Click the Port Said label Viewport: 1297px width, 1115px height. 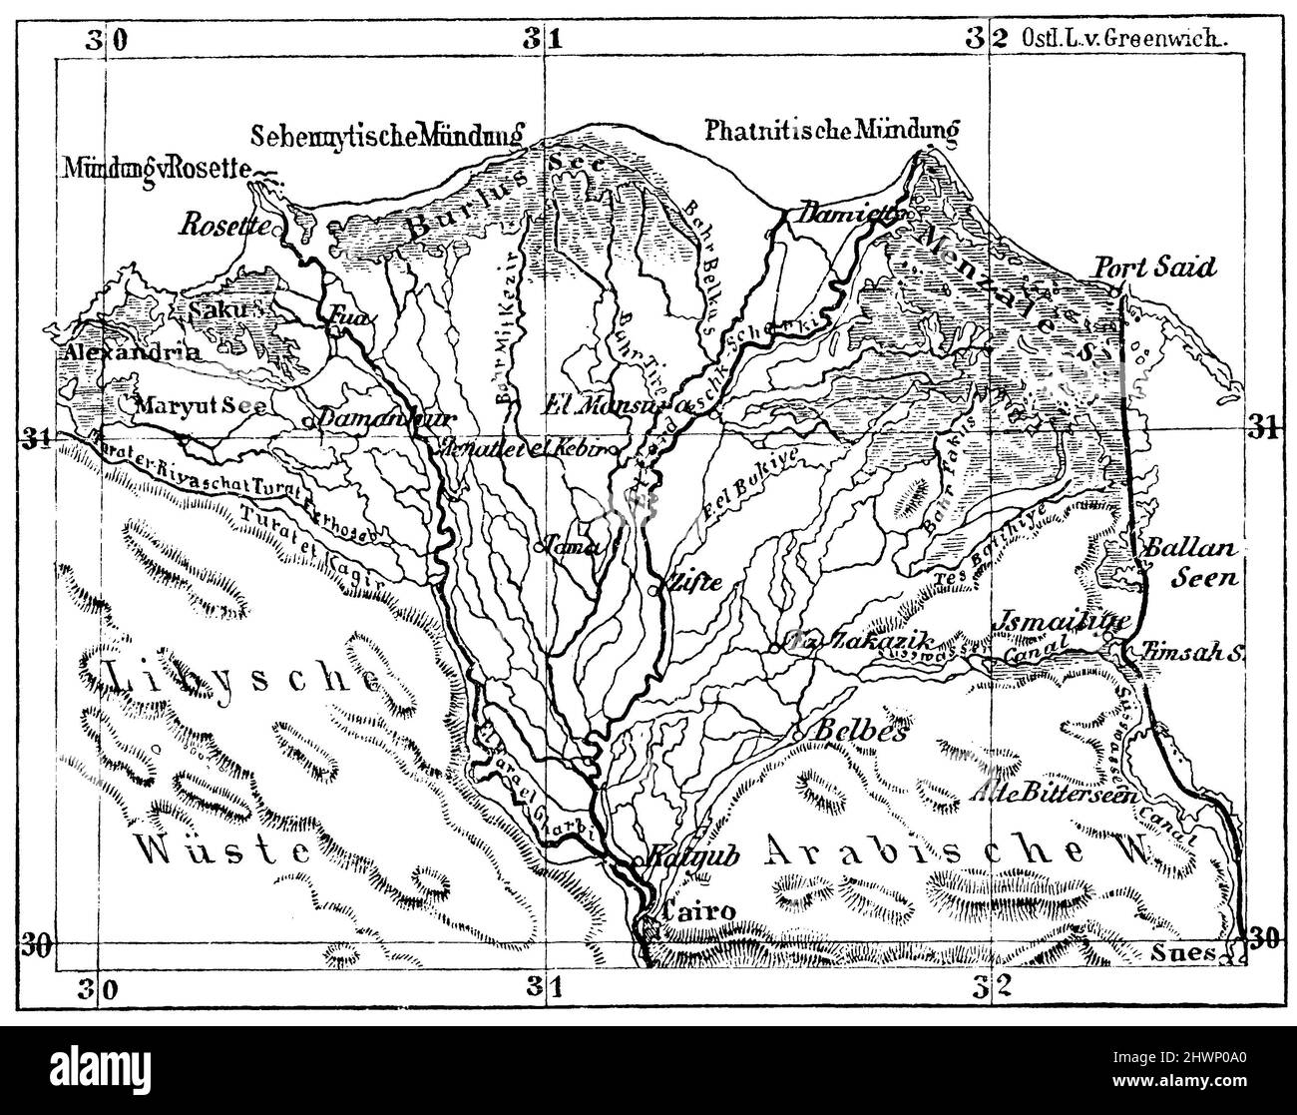tap(1155, 268)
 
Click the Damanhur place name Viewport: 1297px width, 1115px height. tap(367, 418)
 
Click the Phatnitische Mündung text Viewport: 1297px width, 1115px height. tap(831, 131)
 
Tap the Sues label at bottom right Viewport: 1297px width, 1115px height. tap(1188, 952)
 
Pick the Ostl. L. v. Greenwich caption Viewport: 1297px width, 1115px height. tap(1123, 39)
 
